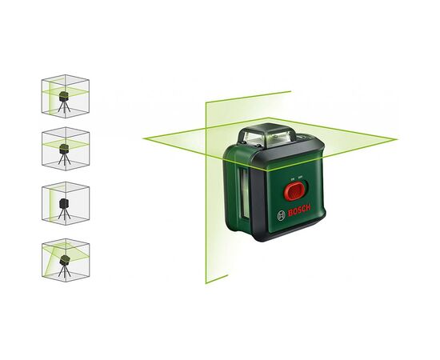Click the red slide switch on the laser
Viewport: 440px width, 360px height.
pos(293,191)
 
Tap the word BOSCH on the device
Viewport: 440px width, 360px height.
pos(297,216)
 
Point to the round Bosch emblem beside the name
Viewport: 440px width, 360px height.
pos(278,214)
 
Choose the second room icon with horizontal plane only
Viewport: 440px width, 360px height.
pos(64,149)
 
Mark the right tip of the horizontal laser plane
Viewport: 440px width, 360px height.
pos(397,139)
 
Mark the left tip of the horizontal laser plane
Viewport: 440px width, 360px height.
pos(144,138)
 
